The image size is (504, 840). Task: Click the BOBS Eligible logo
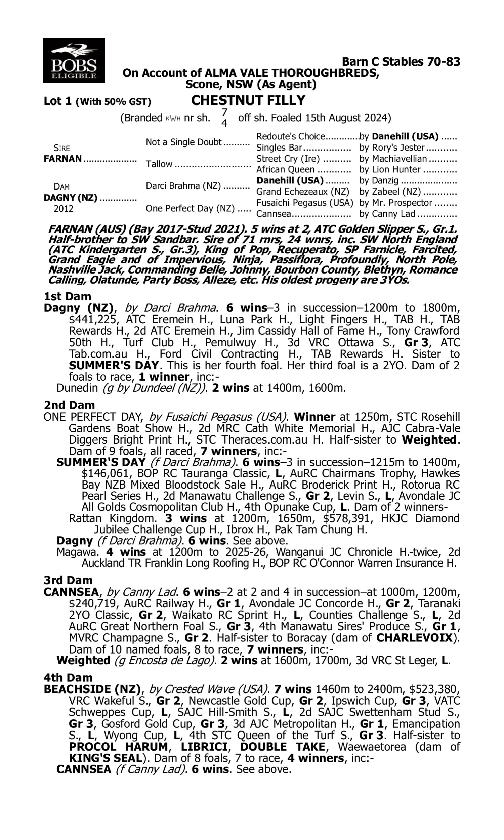74,60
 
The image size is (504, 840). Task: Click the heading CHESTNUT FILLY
248,100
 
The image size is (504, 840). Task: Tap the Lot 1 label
58,101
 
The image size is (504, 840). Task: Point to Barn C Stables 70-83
401,61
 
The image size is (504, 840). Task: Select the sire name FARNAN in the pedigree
63,159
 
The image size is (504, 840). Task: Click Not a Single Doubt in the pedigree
183,142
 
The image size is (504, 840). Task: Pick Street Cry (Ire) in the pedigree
288,159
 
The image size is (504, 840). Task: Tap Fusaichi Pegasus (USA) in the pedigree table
305,203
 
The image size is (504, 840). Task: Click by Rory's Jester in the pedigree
392,148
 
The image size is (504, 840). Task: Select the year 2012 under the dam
64,208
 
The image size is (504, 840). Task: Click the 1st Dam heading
68,296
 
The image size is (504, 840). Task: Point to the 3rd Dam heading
68,580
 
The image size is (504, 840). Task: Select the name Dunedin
78,388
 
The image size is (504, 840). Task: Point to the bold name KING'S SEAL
105,758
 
